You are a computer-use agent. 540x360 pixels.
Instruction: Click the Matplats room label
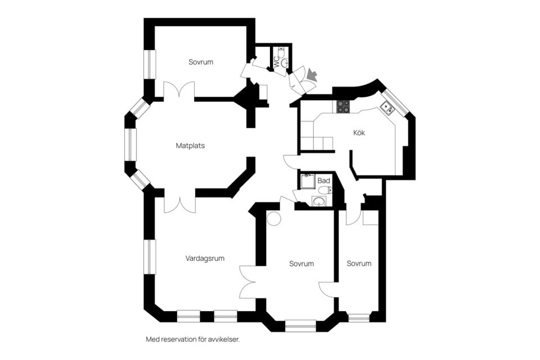190,146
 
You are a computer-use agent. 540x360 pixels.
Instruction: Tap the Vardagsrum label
205,258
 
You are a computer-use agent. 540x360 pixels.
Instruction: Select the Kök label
359,133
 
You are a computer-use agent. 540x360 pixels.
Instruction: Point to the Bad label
324,181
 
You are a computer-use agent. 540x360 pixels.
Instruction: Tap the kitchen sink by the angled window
388,107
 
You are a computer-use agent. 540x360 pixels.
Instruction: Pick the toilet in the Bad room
325,190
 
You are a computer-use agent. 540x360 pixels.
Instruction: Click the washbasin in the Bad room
319,201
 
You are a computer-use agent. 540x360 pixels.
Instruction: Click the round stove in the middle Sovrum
274,218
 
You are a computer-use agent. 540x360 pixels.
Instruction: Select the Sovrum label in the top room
201,62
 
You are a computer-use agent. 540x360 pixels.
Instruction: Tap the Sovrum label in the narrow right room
359,264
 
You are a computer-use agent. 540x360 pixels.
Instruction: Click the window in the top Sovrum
150,65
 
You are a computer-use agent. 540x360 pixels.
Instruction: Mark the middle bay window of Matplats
130,145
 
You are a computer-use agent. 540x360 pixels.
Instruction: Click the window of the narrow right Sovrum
359,317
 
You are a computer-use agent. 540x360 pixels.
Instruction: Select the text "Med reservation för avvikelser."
192,339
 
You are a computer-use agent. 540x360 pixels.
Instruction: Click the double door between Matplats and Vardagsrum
179,205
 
